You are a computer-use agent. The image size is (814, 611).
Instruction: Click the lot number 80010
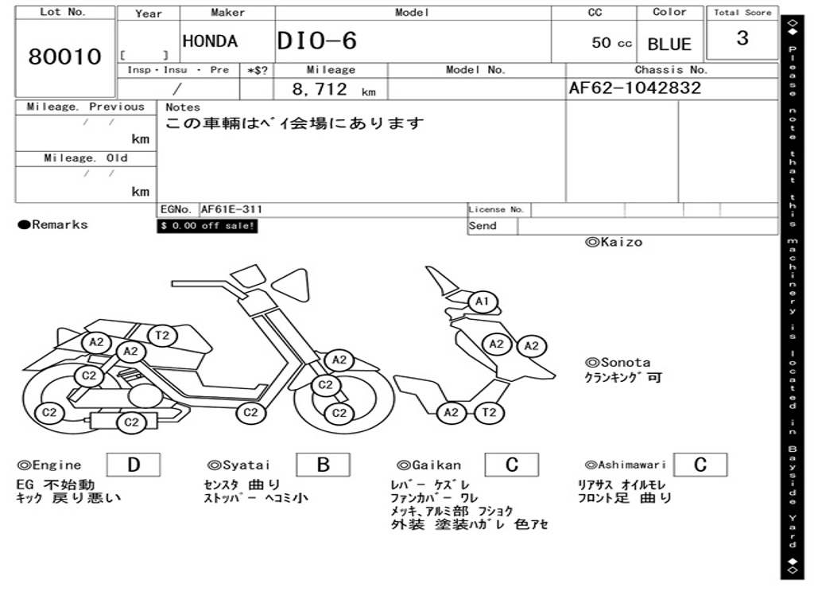(65, 56)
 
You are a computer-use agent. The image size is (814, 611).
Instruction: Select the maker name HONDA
(210, 41)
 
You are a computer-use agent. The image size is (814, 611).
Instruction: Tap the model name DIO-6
(317, 41)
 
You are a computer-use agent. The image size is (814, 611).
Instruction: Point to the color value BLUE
(669, 44)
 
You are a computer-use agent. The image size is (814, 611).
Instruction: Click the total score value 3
(742, 38)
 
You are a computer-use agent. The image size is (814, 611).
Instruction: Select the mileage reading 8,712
(320, 89)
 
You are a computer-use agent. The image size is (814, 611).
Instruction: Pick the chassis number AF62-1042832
(635, 88)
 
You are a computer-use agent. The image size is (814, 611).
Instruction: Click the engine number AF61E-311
(231, 210)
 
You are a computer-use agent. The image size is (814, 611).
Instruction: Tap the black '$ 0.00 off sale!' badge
(207, 226)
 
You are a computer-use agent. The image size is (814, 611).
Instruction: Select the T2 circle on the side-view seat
(162, 336)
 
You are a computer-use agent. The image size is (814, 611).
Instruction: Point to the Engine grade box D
(133, 465)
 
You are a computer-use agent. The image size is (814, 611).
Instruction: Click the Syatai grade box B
(323, 465)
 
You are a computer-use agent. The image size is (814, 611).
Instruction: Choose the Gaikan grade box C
(512, 465)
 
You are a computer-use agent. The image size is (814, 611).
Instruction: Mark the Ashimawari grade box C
(700, 465)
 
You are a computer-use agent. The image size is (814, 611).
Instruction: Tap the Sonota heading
(618, 362)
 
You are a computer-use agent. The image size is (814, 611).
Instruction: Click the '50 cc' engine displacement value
(611, 43)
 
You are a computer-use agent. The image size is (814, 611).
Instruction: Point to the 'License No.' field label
(497, 210)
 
